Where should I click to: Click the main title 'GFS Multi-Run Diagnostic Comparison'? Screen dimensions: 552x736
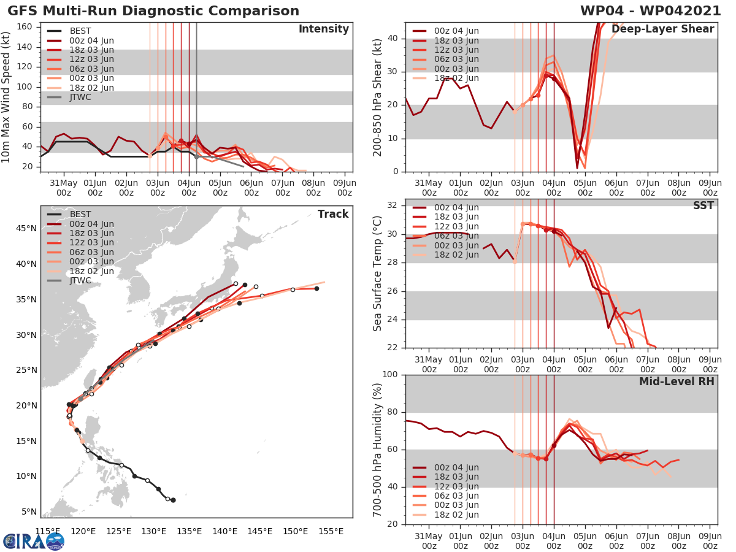pyautogui.click(x=153, y=11)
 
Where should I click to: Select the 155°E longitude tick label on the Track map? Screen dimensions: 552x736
pyautogui.click(x=331, y=531)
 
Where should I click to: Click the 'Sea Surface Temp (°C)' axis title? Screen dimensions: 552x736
pyautogui.click(x=377, y=274)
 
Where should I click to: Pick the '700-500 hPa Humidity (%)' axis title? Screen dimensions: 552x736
pyautogui.click(x=377, y=449)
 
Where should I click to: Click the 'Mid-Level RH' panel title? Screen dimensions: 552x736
pyautogui.click(x=676, y=382)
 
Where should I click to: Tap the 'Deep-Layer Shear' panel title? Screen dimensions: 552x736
pyautogui.click(x=671, y=29)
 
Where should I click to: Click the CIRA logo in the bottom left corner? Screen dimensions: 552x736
pyautogui.click(x=33, y=541)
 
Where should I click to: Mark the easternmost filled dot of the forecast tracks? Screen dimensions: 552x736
pyautogui.click(x=316, y=288)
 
